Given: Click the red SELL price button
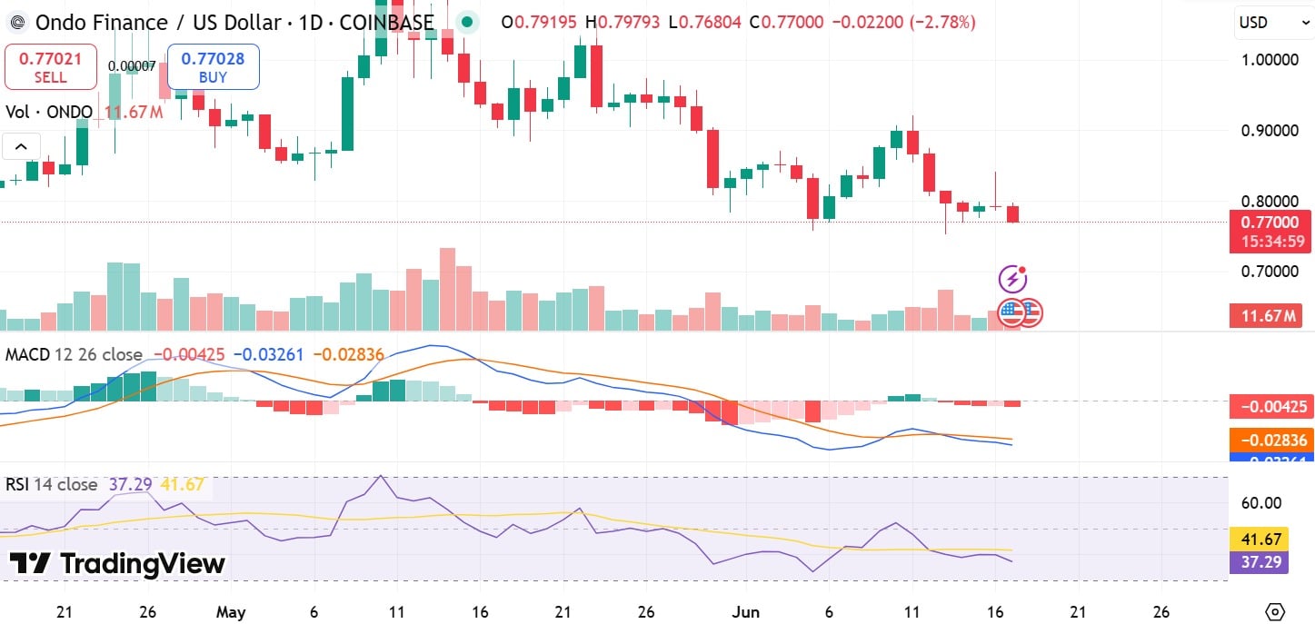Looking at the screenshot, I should coord(51,67).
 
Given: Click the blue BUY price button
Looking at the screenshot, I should coord(213,67).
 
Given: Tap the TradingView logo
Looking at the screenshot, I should coord(117,563).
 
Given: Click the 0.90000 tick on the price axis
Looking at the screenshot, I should coord(1270,130).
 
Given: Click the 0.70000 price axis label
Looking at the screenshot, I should coord(1270,272).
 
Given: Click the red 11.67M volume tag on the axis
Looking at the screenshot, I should coord(1265,316).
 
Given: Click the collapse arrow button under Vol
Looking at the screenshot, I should coord(21,145).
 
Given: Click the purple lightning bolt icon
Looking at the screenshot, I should coord(1012,278).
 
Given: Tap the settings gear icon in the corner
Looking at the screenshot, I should coord(1276,610).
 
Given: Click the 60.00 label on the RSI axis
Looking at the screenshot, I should coord(1261,503).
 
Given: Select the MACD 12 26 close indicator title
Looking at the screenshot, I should coord(74,354).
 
